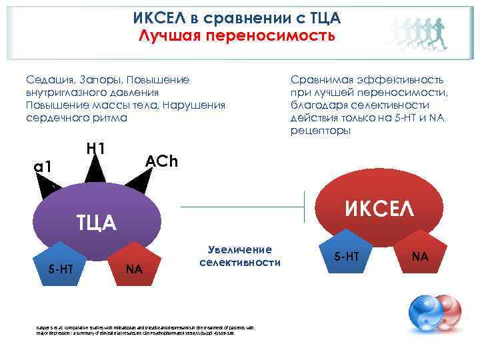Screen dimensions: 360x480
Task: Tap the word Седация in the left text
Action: coord(47,80)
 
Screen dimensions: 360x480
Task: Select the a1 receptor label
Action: coord(43,167)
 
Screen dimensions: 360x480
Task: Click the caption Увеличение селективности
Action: coord(239,256)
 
